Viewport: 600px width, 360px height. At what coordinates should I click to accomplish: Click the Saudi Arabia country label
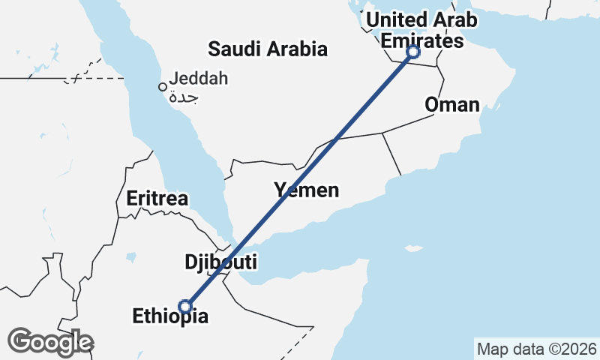[x=268, y=49]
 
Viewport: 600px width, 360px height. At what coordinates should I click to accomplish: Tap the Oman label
[x=451, y=104]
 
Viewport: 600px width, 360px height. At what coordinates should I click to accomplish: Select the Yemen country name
[x=306, y=190]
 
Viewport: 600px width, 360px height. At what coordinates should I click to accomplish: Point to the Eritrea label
[x=157, y=199]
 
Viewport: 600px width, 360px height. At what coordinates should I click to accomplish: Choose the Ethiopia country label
[x=170, y=316]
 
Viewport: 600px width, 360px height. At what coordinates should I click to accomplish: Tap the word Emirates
[x=422, y=41]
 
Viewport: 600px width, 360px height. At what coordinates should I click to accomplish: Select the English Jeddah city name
[x=198, y=78]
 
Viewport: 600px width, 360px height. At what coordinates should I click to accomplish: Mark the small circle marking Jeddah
[x=162, y=87]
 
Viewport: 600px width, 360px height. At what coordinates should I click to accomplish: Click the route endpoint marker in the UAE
[x=412, y=52]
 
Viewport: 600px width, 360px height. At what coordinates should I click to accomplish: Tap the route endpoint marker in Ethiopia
[x=185, y=306]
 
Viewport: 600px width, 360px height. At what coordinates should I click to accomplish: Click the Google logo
[x=50, y=342]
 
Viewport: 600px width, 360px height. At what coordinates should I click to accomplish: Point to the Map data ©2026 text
[x=536, y=349]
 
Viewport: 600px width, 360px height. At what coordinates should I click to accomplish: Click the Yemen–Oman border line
[x=391, y=154]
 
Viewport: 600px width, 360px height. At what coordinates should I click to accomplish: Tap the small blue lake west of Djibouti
[x=131, y=258]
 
